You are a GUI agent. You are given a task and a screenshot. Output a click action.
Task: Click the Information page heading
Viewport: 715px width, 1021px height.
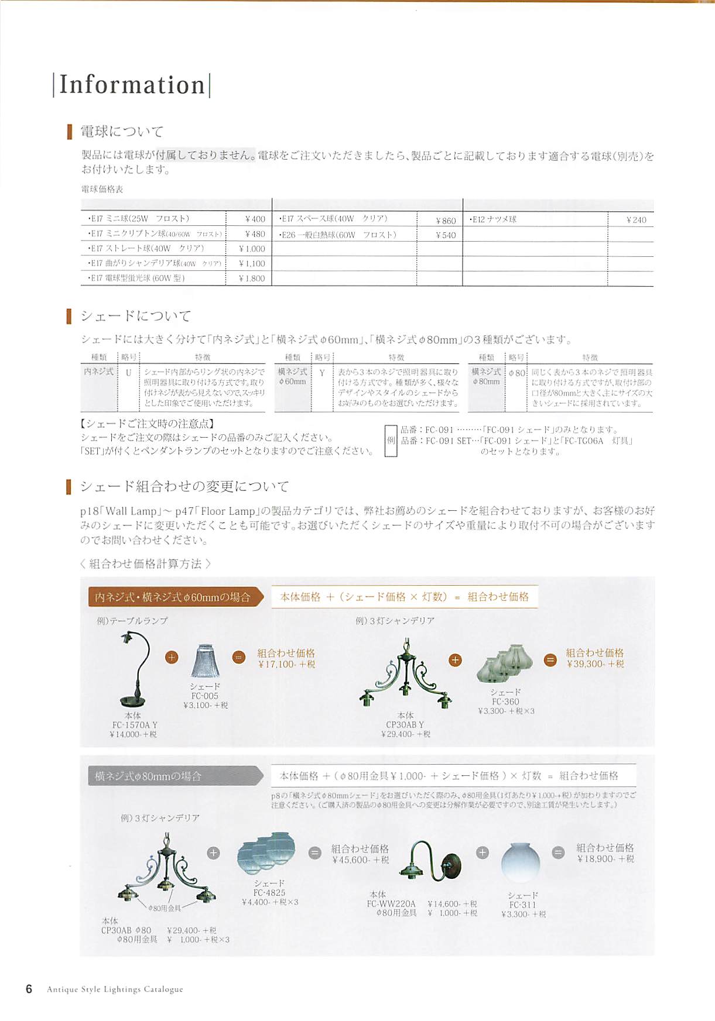pyautogui.click(x=132, y=85)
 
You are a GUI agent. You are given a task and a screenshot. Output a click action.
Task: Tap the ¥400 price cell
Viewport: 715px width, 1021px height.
pyautogui.click(x=255, y=219)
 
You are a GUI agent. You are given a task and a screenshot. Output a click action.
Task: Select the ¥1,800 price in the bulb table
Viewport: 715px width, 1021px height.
pyautogui.click(x=252, y=279)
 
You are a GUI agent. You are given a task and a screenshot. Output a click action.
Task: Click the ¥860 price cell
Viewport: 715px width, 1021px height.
pyautogui.click(x=446, y=221)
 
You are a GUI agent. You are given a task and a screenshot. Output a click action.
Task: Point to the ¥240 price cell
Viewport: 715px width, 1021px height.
pyautogui.click(x=636, y=220)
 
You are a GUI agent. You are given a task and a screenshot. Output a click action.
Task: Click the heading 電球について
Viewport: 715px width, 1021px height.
pyautogui.click(x=122, y=132)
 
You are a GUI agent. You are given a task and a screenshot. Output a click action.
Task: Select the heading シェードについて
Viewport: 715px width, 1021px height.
pyautogui.click(x=136, y=316)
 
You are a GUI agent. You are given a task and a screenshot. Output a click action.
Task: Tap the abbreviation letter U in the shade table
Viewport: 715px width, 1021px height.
pyautogui.click(x=129, y=372)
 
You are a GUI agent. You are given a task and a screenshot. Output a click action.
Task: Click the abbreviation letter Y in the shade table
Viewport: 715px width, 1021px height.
pyautogui.click(x=322, y=372)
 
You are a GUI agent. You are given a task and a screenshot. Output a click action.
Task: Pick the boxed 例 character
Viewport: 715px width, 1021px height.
pyautogui.click(x=391, y=441)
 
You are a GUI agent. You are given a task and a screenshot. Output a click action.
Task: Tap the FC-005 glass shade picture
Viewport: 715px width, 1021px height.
pyautogui.click(x=205, y=661)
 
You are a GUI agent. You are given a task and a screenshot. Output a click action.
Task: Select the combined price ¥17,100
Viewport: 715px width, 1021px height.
pyautogui.click(x=286, y=664)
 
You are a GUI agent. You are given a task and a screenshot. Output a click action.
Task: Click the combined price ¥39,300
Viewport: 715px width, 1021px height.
pyautogui.click(x=595, y=664)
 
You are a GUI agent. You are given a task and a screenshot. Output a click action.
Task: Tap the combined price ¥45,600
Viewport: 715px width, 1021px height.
pyautogui.click(x=360, y=860)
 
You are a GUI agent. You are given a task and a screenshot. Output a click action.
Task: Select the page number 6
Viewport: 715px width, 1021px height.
pyautogui.click(x=29, y=989)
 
